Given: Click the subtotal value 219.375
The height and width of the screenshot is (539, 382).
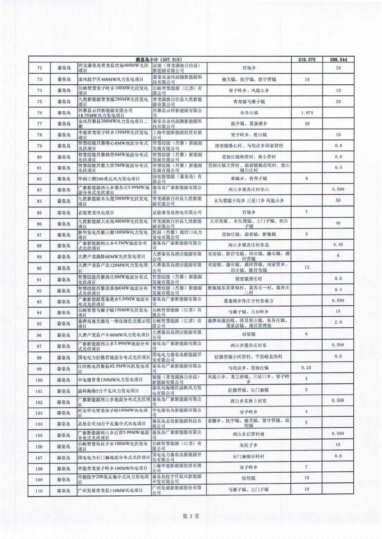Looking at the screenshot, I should (x=307, y=59).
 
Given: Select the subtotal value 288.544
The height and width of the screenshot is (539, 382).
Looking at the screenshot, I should (x=338, y=59).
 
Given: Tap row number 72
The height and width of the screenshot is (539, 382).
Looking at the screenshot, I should (x=39, y=68).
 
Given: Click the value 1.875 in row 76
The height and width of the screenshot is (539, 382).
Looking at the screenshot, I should (x=307, y=112).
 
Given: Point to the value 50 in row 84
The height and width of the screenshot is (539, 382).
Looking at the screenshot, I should (x=338, y=201).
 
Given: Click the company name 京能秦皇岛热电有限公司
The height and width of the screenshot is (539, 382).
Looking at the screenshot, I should (x=177, y=212).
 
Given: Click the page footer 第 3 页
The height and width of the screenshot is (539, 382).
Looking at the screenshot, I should (x=191, y=516).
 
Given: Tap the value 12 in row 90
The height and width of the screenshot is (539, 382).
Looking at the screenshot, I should (x=307, y=267).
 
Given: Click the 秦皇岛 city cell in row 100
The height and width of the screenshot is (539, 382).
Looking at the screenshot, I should (x=64, y=380).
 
